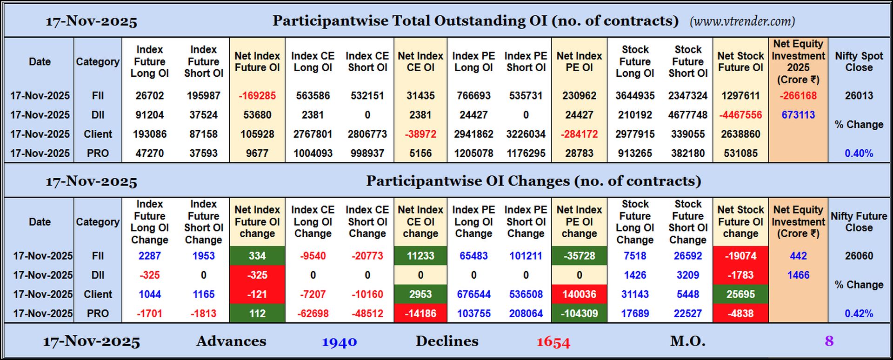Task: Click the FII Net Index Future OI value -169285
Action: (x=257, y=96)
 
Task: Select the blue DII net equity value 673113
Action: (x=798, y=115)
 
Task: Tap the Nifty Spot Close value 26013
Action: (x=859, y=96)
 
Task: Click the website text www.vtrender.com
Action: (x=742, y=21)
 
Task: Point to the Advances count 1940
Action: (x=339, y=342)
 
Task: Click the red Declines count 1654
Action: (x=553, y=342)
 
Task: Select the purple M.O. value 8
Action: (x=829, y=341)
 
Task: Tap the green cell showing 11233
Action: (x=420, y=256)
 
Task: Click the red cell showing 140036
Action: (x=579, y=294)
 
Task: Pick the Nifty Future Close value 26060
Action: (x=859, y=256)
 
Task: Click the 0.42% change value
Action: (x=859, y=313)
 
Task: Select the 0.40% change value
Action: (x=859, y=153)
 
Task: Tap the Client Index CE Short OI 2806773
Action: (x=367, y=134)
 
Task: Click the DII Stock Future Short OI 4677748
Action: (x=688, y=115)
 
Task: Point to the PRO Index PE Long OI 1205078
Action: (x=473, y=153)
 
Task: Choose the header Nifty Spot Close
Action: (x=859, y=61)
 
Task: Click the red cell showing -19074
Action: (x=740, y=256)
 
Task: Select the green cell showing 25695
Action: (x=740, y=294)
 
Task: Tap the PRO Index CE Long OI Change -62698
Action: (x=313, y=313)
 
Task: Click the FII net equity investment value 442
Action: (x=798, y=256)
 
